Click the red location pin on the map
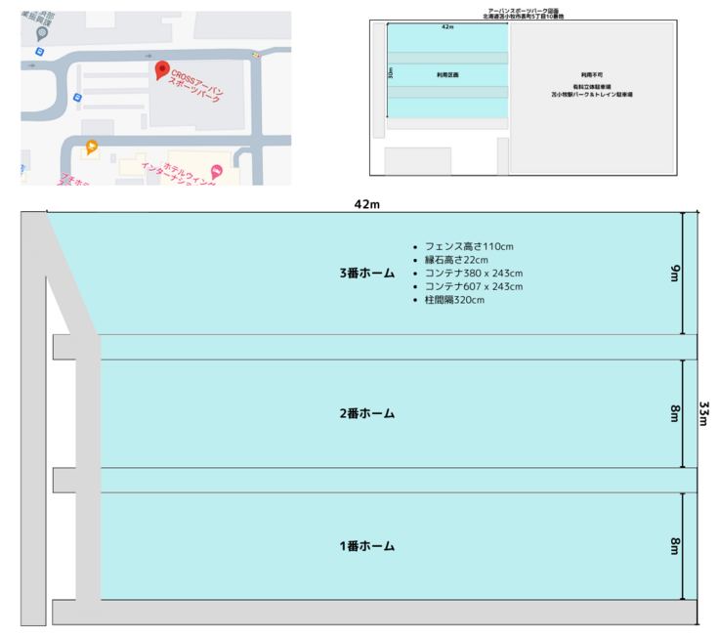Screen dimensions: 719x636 pos(162,70)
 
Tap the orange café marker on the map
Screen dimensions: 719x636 pos(91,148)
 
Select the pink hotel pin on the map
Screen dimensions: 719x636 pos(216,172)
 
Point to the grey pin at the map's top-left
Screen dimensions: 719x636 pos(41,32)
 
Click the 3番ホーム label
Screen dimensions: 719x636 pos(367,274)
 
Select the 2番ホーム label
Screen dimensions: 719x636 pos(367,413)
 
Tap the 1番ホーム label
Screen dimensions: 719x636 pos(367,546)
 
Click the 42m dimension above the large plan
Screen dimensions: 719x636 pos(367,203)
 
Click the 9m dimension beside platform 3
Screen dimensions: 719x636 pos(674,274)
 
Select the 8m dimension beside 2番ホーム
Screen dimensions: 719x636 pos(674,413)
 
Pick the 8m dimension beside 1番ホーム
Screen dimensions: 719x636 pos(674,546)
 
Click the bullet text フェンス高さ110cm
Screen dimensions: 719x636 pos(469,246)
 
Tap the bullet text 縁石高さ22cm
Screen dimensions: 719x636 pos(456,260)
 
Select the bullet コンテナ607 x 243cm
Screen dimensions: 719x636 pos(474,286)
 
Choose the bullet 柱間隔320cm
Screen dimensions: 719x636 pos(454,300)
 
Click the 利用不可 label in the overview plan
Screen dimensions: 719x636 pos(591,74)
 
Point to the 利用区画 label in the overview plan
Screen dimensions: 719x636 pos(447,74)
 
